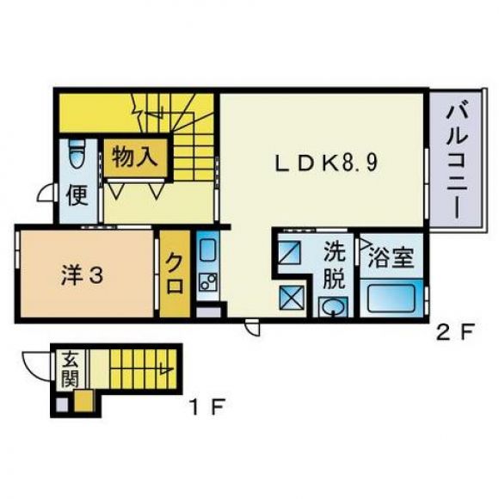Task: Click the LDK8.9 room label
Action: click(327, 163)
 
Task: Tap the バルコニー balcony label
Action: click(457, 163)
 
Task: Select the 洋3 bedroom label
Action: click(82, 275)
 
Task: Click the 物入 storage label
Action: click(135, 157)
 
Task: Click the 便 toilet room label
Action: click(77, 195)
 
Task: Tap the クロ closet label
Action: click(175, 273)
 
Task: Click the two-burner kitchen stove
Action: click(208, 282)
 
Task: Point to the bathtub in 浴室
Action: click(391, 299)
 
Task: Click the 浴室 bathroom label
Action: click(391, 257)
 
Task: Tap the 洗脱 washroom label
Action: click(334, 267)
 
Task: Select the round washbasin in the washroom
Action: click(333, 307)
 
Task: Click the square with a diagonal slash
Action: click(290, 252)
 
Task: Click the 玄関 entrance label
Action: click(71, 370)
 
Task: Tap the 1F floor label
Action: click(207, 406)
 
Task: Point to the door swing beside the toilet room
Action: click(46, 193)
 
